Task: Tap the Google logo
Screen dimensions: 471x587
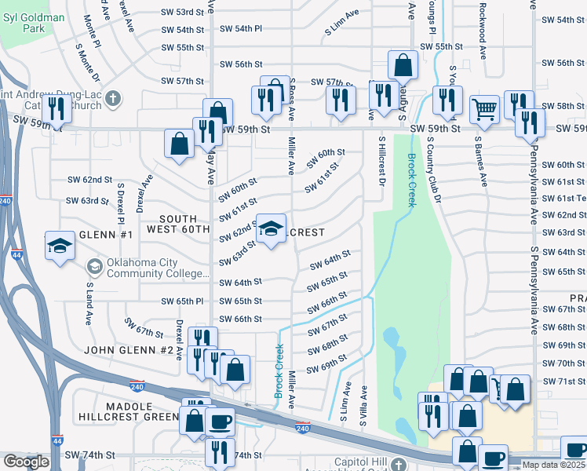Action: [x=26, y=462]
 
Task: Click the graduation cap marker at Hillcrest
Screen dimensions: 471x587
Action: [x=272, y=229]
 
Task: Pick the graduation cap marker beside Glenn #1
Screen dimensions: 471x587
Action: [x=60, y=246]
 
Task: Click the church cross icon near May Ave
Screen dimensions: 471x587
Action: [x=114, y=99]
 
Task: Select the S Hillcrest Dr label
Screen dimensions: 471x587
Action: [x=382, y=162]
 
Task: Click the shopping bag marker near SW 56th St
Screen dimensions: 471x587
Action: [x=403, y=65]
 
